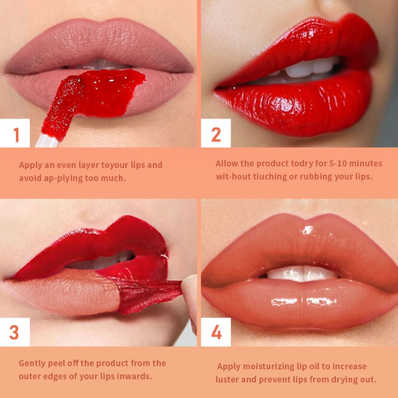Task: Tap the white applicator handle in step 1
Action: pos(47,141)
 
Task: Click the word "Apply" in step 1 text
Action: pos(30,165)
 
